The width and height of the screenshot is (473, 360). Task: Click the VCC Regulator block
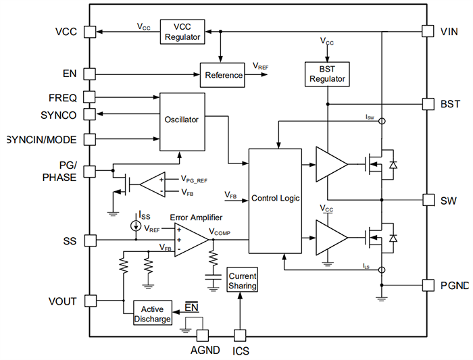tap(182, 32)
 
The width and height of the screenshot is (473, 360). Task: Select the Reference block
tap(223, 75)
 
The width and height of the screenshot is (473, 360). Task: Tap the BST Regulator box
tap(327, 74)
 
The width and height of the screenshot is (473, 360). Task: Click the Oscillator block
tap(182, 121)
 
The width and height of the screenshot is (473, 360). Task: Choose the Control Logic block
tap(275, 199)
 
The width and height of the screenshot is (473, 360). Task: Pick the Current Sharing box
tap(242, 281)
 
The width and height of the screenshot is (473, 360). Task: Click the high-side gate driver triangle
tap(331, 163)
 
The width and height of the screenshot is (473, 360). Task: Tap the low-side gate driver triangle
tap(331, 238)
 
